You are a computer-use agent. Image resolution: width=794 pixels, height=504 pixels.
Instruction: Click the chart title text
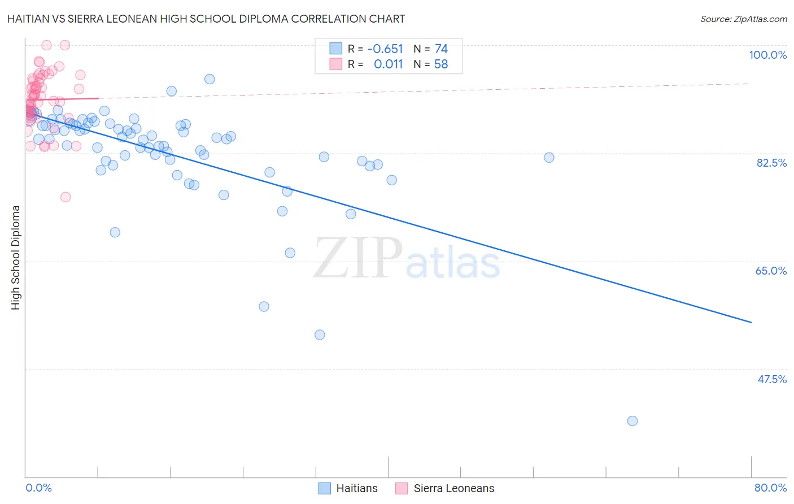(206, 19)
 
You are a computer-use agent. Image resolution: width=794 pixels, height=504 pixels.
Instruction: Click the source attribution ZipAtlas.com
(743, 19)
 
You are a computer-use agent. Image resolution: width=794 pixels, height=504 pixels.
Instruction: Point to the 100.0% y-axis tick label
(767, 55)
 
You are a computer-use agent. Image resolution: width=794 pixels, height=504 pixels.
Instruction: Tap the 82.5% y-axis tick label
(771, 163)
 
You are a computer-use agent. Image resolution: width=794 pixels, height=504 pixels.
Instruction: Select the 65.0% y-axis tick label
(771, 271)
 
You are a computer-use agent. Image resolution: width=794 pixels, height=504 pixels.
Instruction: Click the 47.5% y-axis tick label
(771, 379)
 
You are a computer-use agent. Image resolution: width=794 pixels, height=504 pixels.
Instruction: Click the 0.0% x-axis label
(39, 488)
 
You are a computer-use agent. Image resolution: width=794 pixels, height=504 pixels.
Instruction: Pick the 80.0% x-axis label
(770, 488)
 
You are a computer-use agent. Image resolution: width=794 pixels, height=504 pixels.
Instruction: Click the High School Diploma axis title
(16, 257)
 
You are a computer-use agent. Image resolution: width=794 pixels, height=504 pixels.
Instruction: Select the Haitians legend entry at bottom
(348, 488)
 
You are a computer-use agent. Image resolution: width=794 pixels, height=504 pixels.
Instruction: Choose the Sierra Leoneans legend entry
(445, 488)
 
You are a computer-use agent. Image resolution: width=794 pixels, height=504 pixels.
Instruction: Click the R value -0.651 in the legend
(385, 49)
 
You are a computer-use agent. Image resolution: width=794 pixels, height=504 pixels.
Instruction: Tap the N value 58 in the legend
(440, 64)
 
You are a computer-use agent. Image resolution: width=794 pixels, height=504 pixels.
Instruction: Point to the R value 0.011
(388, 64)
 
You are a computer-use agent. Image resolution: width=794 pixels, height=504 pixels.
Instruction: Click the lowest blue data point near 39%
(632, 421)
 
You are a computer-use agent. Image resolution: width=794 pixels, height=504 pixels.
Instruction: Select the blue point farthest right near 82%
(549, 158)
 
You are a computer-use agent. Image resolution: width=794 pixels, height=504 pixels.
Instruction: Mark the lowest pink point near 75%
(66, 197)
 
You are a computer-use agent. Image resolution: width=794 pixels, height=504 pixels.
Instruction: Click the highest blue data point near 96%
(210, 79)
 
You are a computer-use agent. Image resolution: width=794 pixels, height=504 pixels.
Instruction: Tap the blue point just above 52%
(320, 335)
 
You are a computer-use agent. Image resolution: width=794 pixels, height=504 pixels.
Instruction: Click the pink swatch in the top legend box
(336, 64)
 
